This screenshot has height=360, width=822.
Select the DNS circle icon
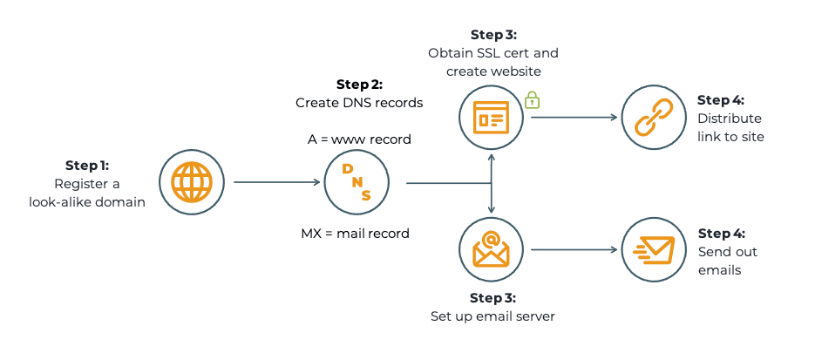pyautogui.click(x=356, y=183)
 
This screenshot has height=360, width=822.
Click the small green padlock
pyautogui.click(x=532, y=100)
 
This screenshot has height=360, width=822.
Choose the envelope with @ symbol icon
pyautogui.click(x=491, y=250)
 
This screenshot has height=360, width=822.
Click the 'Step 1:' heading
pyautogui.click(x=87, y=165)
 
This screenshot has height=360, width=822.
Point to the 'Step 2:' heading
pyautogui.click(x=359, y=85)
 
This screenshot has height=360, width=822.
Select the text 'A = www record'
pyautogui.click(x=359, y=139)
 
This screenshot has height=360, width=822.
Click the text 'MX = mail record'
pyautogui.click(x=355, y=233)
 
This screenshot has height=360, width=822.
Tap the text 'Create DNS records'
pyautogui.click(x=359, y=103)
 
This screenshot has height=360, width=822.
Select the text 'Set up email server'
pyautogui.click(x=493, y=316)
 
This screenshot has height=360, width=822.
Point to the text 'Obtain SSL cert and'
pyautogui.click(x=493, y=52)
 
